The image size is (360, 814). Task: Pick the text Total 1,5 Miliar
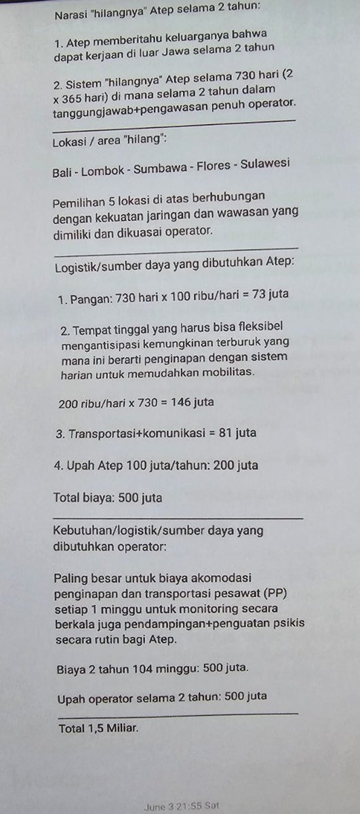[98, 729]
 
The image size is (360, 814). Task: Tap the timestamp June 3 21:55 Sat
[181, 806]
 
